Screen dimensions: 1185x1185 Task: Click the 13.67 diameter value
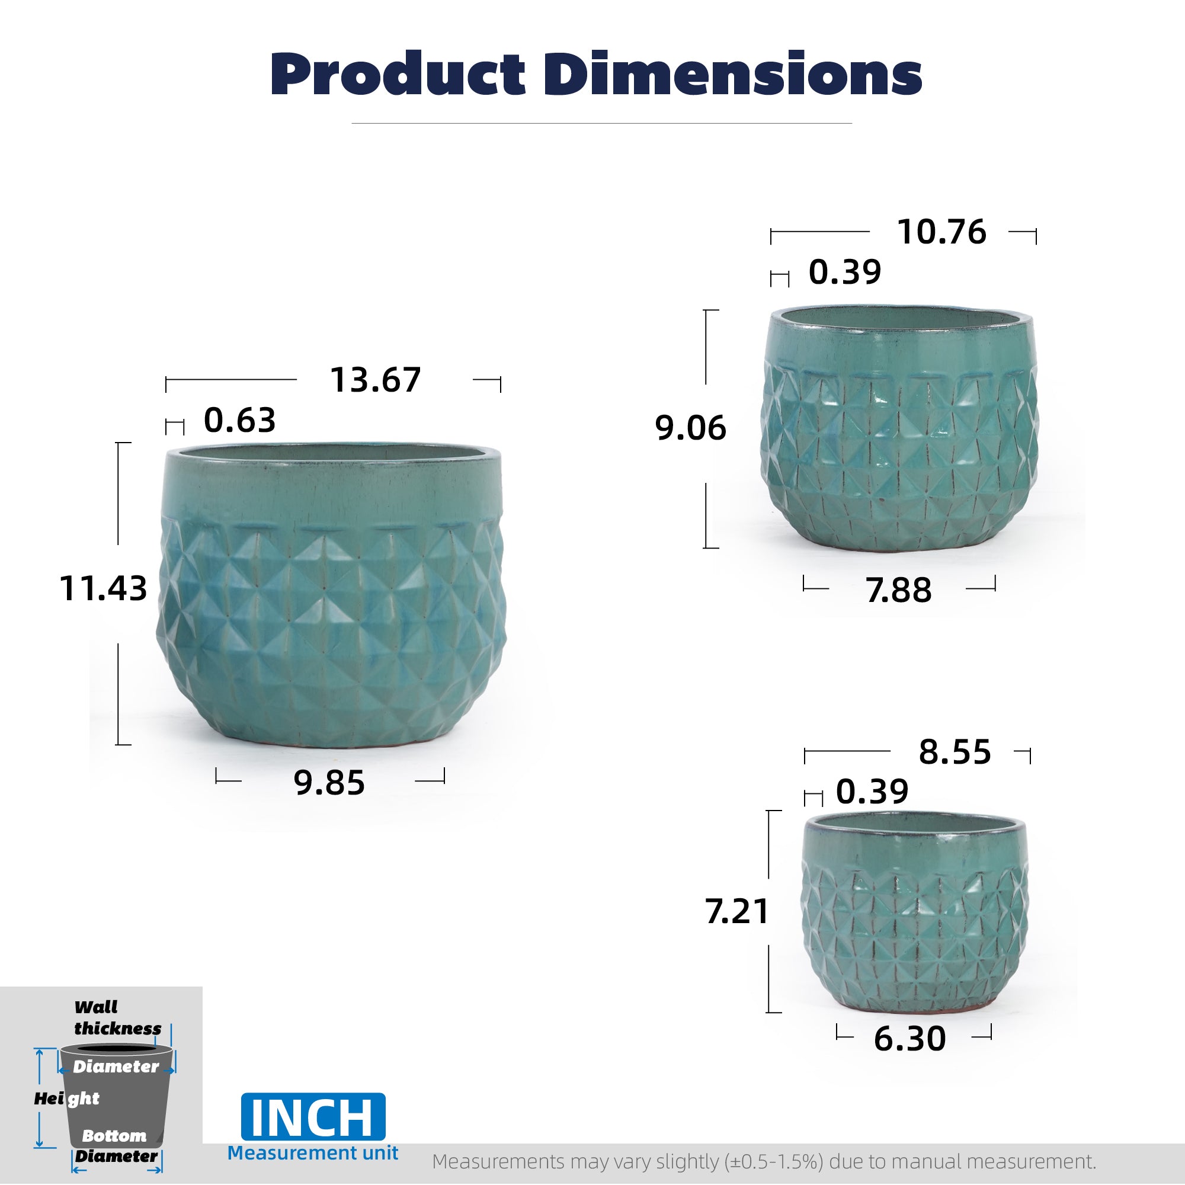click(376, 380)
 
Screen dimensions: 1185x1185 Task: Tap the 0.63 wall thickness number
click(240, 420)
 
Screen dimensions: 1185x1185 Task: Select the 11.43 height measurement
click(103, 588)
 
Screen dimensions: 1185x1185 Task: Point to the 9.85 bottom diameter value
click(329, 783)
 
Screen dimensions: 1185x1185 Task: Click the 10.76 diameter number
click(941, 232)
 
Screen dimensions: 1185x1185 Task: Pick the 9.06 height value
click(691, 428)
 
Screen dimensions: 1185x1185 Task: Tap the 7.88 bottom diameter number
click(899, 590)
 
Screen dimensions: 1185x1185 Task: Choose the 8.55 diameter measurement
click(955, 752)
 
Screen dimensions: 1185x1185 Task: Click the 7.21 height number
click(736, 911)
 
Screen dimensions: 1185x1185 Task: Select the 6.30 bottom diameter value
click(910, 1039)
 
